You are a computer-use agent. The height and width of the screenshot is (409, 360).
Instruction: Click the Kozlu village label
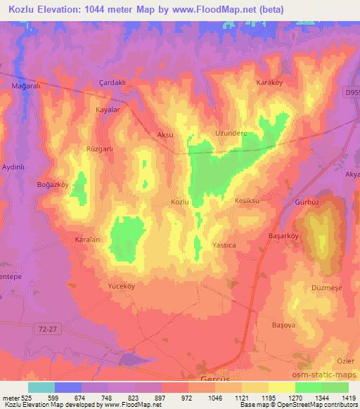pos(180,202)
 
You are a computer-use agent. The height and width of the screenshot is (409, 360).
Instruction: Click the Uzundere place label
pos(229,132)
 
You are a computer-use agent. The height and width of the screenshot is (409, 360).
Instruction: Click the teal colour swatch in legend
pos(41,387)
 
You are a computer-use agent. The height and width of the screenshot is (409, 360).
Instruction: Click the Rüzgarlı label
pos(99,149)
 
